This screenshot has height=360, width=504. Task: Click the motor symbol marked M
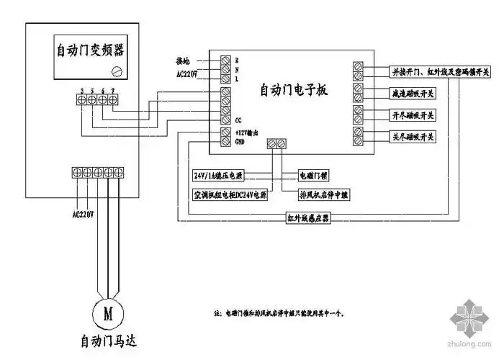[x=109, y=313]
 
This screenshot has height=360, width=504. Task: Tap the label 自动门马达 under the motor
[x=109, y=339]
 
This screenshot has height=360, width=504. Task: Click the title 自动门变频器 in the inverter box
[x=89, y=51]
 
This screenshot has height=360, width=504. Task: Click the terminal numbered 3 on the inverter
[x=82, y=97]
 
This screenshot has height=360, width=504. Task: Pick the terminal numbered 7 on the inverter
[x=113, y=97]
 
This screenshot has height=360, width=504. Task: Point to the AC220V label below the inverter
[x=84, y=213]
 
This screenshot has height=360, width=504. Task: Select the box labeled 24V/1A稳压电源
[x=218, y=175]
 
